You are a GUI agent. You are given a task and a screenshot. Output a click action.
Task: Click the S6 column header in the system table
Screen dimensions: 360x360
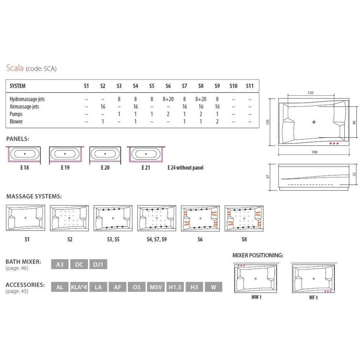168,86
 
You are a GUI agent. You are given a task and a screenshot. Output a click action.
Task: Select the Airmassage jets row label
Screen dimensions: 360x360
24,107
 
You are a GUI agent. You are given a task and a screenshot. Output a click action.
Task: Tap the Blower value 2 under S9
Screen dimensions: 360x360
217,121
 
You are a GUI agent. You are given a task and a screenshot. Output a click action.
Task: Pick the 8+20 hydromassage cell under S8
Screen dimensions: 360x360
201,99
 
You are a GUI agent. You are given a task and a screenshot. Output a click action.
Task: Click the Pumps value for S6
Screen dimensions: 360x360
168,114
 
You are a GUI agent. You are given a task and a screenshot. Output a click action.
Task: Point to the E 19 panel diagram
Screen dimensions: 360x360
65,155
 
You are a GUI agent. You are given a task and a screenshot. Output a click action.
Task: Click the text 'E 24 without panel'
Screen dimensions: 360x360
185,167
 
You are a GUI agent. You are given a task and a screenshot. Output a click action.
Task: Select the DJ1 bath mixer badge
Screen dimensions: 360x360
98,264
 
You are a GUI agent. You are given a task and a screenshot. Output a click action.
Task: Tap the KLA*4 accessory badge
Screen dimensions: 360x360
79,287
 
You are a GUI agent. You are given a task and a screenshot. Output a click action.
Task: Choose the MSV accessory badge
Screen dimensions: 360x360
156,287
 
